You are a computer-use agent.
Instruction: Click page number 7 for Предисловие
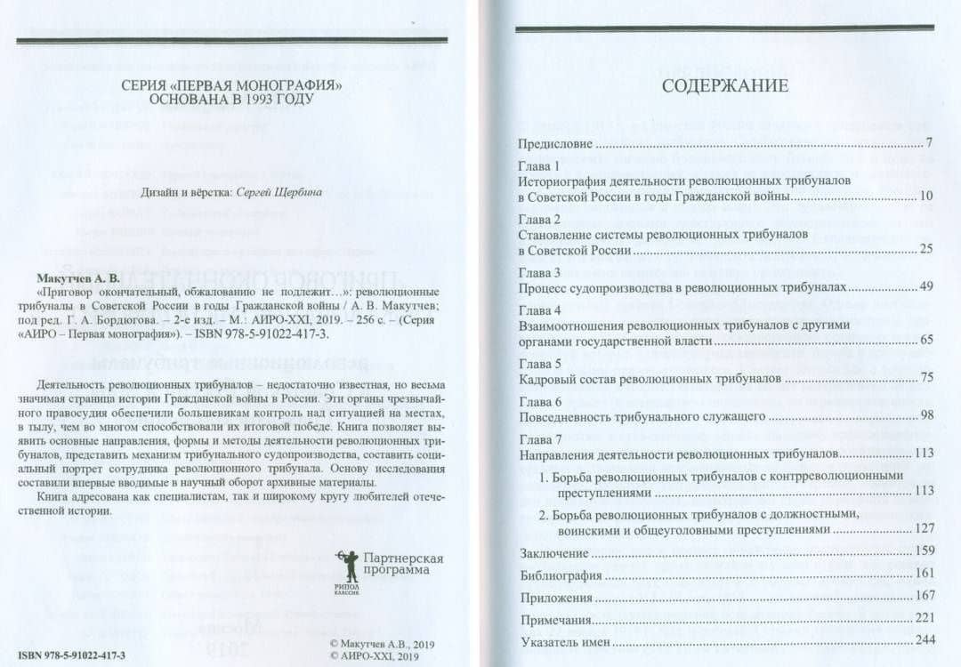click(x=927, y=143)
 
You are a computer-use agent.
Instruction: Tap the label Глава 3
click(x=539, y=272)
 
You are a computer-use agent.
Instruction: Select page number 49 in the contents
click(x=925, y=288)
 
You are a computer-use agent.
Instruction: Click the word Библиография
click(x=560, y=575)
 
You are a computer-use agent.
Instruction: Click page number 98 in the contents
click(x=925, y=416)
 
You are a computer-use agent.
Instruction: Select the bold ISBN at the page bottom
click(x=72, y=654)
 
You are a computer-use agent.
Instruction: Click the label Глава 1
click(x=539, y=166)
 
